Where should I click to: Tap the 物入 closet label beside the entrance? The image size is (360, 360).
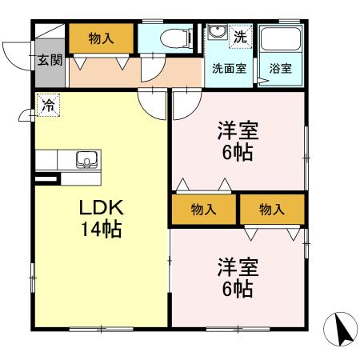pos(101,38)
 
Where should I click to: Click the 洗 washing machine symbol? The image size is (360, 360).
pos(240,36)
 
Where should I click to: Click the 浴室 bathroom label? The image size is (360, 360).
pos(280,69)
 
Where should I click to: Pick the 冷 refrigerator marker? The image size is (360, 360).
pos(47,104)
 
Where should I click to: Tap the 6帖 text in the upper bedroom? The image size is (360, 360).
pos(238,152)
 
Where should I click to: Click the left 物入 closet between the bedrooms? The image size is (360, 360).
pos(204,210)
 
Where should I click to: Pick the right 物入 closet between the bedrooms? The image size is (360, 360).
pos(272,210)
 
